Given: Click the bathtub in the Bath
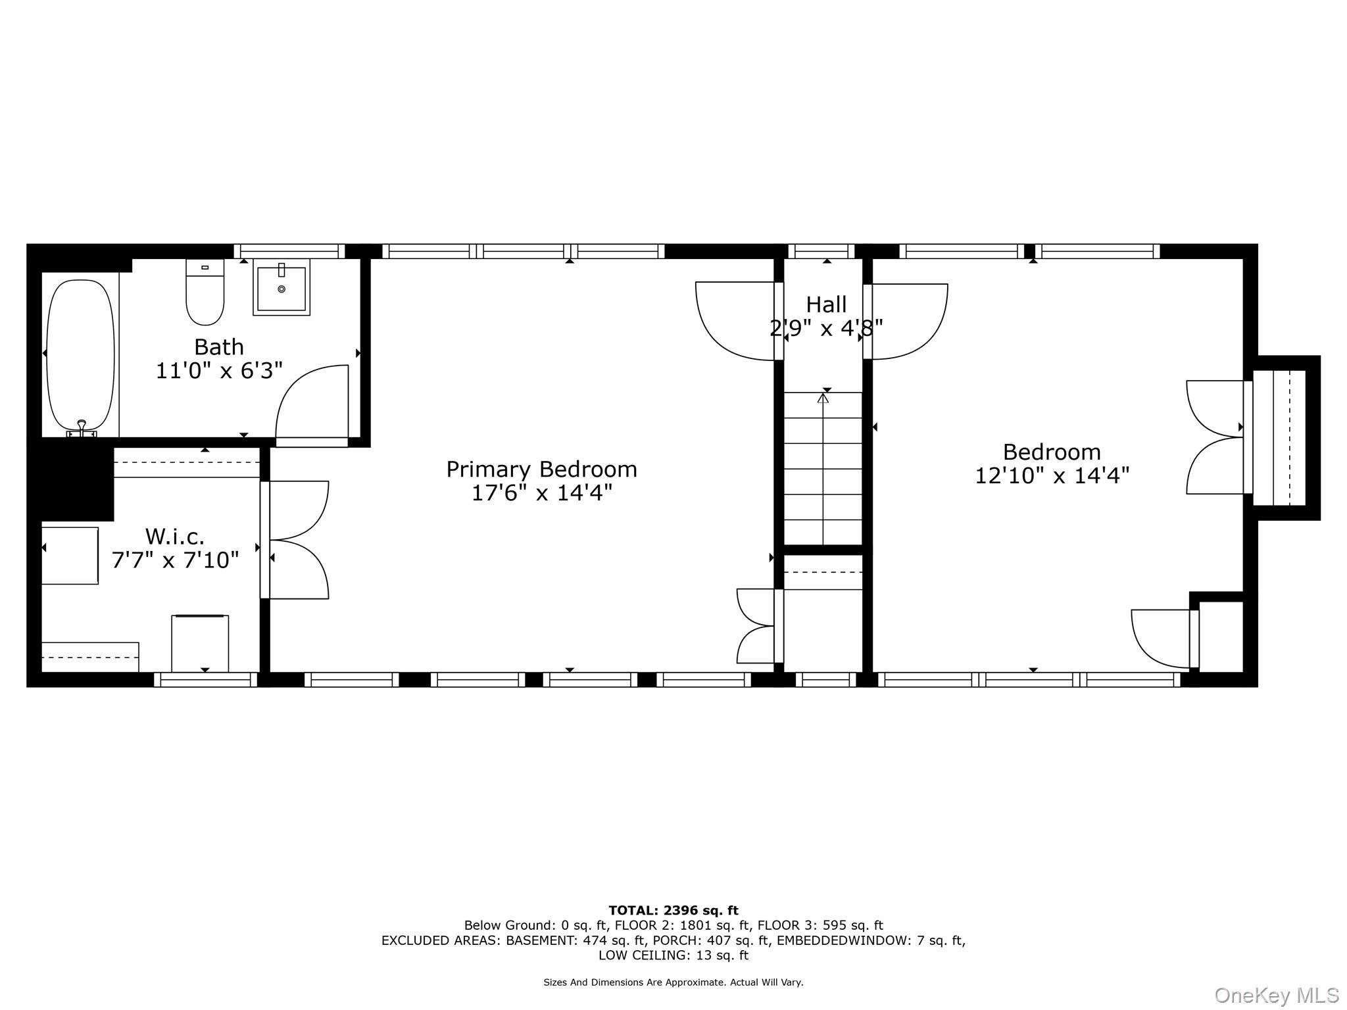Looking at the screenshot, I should coord(81,355).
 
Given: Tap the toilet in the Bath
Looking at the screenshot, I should coord(205,293).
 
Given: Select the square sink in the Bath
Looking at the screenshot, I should coord(281,288).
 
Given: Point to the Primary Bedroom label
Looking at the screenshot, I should coord(541,469).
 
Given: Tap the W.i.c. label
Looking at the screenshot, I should coord(175,537).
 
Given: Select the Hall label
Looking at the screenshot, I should coord(826,304).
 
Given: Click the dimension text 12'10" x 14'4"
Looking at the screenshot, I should coord(1052,475).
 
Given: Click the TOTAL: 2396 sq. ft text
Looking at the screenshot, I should coord(673,911).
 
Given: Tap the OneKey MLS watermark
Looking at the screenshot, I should coord(1276,996).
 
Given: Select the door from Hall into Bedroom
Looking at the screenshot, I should coord(906,321).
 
